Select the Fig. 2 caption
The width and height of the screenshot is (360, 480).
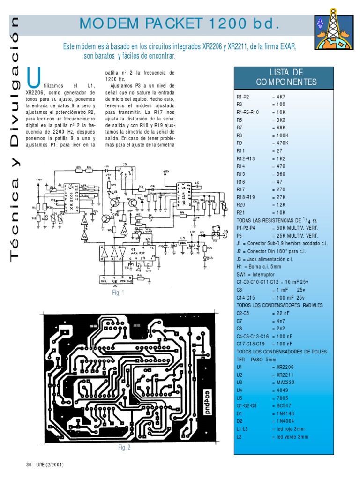point(124,447)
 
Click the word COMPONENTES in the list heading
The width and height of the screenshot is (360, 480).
point(286,82)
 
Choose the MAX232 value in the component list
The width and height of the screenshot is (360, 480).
point(283,382)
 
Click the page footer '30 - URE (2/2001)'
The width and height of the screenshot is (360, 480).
point(45,465)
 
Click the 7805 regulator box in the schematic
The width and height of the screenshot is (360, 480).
point(183,243)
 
